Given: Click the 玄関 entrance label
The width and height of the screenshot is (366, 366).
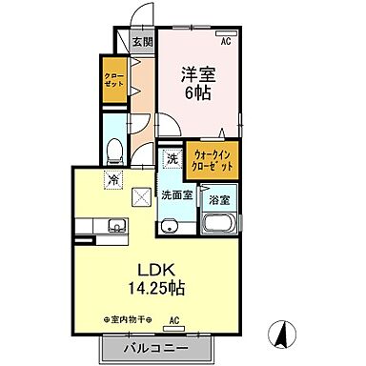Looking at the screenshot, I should pos(142,41).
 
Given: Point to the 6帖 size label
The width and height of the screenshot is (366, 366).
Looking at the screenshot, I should pos(198,93).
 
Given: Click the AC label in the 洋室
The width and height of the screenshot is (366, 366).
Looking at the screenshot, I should pos(227,42).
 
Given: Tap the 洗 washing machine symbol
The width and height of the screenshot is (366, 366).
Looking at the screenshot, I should pos(171,159).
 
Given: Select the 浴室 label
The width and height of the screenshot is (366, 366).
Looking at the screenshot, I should pos(218,201).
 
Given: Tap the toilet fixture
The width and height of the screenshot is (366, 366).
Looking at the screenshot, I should pos(114,150).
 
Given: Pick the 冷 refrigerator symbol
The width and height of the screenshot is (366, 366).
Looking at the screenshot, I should pos(112,177).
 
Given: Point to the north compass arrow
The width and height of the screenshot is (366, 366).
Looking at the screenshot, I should pos(282,334).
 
